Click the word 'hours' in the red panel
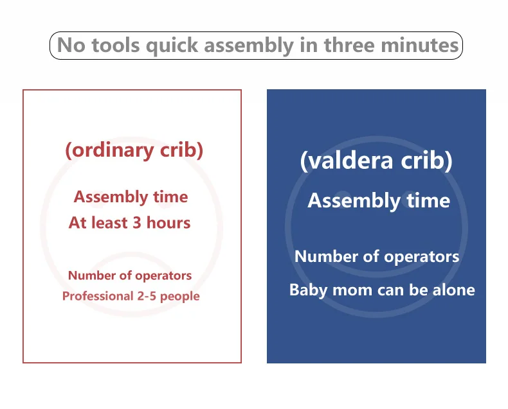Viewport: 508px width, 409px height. (171, 223)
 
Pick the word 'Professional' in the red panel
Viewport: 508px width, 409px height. (95, 296)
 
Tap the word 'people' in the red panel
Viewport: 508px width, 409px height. (181, 296)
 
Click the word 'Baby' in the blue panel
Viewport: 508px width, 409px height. (306, 290)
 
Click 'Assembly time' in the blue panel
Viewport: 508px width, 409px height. (378, 201)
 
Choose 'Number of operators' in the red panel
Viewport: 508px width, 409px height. (130, 275)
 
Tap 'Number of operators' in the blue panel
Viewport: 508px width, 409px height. (377, 257)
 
